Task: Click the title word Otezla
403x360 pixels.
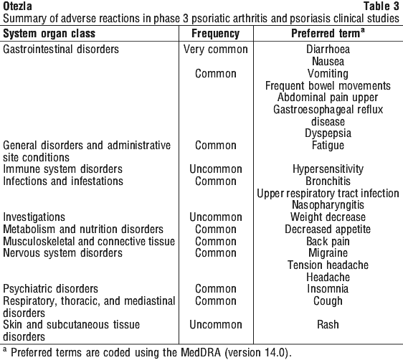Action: [17, 6]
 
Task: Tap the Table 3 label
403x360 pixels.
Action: [381, 6]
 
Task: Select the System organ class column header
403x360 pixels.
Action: [49, 34]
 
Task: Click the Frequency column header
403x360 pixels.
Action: [216, 34]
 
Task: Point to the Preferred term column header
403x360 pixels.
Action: [328, 33]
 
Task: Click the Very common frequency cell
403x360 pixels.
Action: [216, 49]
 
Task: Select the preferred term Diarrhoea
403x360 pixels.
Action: [328, 49]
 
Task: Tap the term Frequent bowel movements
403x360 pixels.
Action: [328, 85]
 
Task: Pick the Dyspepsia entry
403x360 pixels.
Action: [328, 133]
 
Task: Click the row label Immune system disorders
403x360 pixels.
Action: [62, 169]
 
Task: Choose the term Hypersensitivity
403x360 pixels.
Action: [328, 169]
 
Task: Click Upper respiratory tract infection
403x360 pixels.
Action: [328, 193]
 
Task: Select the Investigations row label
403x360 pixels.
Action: [34, 217]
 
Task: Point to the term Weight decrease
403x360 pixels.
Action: [328, 217]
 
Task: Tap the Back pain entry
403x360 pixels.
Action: [328, 241]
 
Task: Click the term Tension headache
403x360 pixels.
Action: [328, 265]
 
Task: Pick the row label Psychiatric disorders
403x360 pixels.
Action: [50, 289]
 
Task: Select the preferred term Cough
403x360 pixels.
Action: [328, 301]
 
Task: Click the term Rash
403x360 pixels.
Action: [328, 325]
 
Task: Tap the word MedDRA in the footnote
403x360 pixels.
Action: [201, 352]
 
